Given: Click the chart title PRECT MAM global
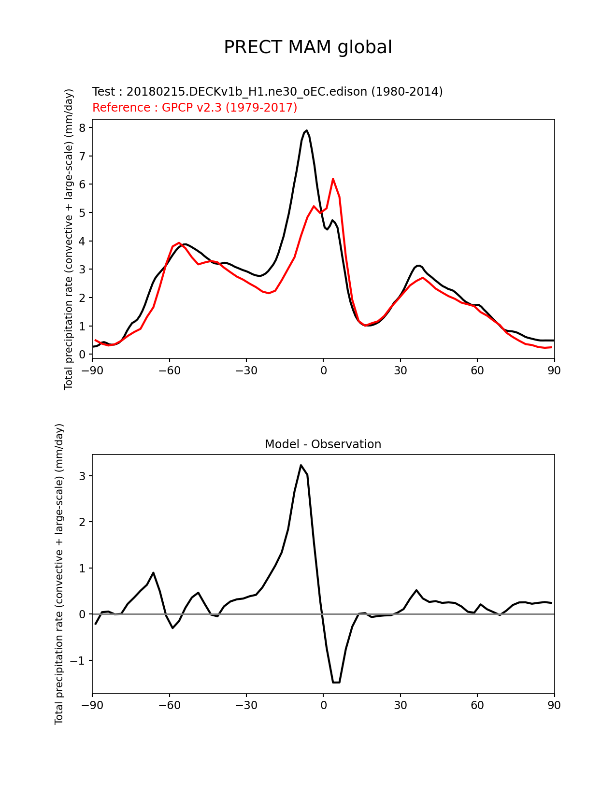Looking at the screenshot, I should pos(308,47).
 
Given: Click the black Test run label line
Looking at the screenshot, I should pos(267,92).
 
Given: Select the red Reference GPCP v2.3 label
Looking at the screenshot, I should pos(195,107).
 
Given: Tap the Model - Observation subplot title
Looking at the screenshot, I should pos(323,444).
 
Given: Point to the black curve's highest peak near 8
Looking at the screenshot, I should pos(306,130).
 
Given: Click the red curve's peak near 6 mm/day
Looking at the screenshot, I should pos(333,179).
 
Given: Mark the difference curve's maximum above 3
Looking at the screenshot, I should pos(301,465).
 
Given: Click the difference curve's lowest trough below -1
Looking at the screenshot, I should pos(336,682).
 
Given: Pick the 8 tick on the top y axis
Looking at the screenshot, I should pos(83,128).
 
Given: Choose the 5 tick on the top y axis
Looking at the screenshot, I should pos(83,213).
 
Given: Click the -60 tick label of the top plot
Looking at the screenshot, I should pos(169,370).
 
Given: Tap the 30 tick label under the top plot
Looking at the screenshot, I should pos(400,370).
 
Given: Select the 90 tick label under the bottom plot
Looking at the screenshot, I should pos(554,705).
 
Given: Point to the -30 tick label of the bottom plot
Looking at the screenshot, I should pos(246,705).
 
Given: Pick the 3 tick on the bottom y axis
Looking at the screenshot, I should pos(83,476).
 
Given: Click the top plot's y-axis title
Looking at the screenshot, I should pos(69,239).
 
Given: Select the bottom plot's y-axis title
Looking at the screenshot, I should pos(59,574).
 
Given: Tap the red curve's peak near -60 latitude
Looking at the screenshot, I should pos(179,243).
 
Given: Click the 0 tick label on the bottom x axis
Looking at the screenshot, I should pos(323,705).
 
